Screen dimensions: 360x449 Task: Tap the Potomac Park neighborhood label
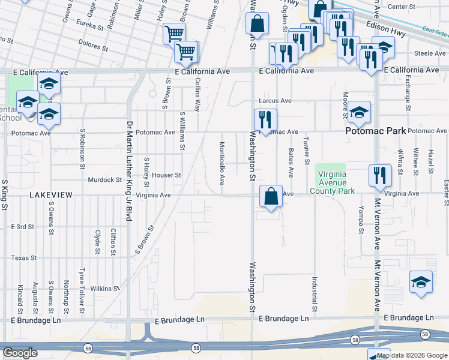point(375,131)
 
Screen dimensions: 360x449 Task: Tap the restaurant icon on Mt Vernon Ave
point(379,176)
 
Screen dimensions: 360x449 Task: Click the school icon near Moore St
point(359,112)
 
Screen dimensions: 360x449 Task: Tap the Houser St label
point(166,175)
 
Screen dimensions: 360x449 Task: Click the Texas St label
point(24,258)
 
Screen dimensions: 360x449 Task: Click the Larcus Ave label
point(275,101)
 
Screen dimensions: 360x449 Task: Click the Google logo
point(20,353)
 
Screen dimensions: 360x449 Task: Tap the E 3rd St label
point(23,227)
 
